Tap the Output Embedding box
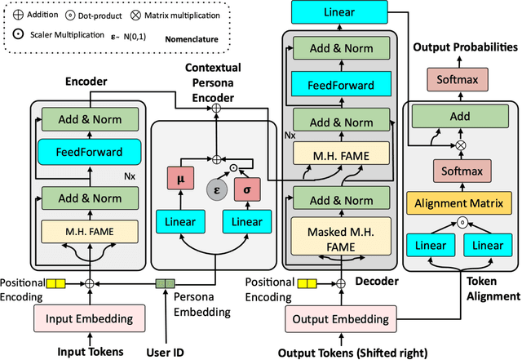[x=339, y=318]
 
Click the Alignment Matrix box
[x=462, y=203]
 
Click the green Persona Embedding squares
[x=166, y=285]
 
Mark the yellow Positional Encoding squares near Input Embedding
[x=55, y=285]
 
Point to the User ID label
[x=164, y=351]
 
